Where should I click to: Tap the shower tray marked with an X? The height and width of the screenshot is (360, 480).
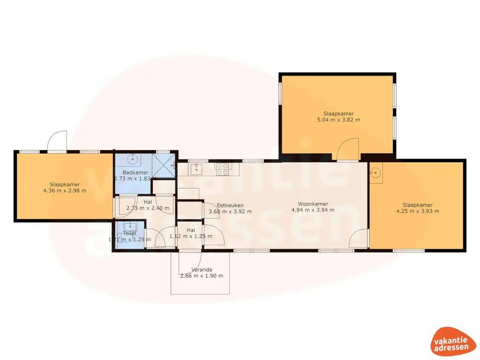pos(164,165)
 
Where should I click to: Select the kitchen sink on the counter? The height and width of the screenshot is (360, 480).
pos(195,168)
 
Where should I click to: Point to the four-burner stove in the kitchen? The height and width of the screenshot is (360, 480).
pos(222,169)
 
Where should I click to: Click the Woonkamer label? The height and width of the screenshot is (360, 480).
pos(313,204)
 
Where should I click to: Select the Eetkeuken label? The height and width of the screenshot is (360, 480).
pos(230,205)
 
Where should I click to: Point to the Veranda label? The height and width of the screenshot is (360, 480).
pos(202,270)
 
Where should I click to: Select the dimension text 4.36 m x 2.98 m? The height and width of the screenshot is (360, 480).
pos(65,191)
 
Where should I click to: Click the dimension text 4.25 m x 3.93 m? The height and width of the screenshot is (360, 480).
pos(417,211)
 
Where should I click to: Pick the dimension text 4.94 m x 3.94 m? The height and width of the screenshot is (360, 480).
pos(313,210)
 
